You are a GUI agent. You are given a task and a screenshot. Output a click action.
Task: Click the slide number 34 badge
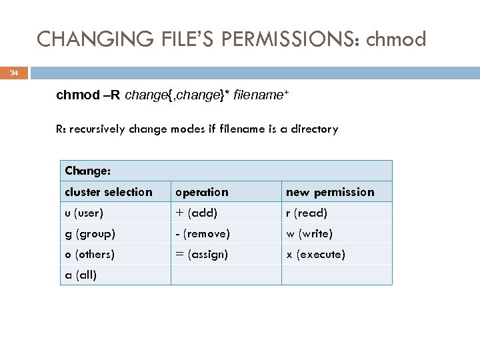point(14,73)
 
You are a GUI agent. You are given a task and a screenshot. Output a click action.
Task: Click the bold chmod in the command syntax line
point(78,95)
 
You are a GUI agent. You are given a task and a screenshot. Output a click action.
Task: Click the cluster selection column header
point(109,192)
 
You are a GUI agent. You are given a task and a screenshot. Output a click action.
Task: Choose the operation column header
point(201,192)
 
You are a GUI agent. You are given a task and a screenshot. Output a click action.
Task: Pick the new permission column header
point(330,192)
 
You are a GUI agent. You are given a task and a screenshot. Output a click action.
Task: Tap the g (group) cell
point(90,234)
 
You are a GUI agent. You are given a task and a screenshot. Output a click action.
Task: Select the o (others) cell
point(89,255)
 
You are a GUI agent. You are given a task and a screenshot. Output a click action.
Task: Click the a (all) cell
point(81,275)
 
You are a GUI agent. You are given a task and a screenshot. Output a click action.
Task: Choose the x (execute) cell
point(315,255)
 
